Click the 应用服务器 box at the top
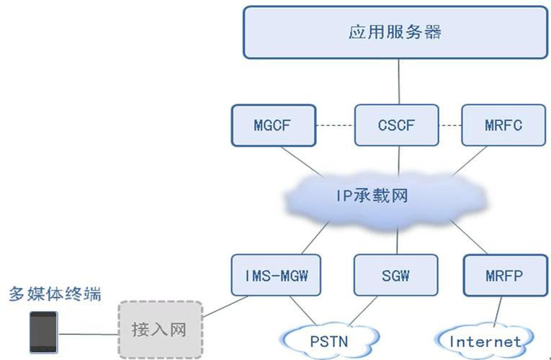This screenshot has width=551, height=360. pyautogui.click(x=394, y=32)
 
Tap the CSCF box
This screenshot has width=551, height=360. pyautogui.click(x=396, y=125)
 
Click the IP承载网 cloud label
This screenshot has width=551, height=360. pyautogui.click(x=372, y=196)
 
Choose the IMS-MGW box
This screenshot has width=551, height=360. pyautogui.click(x=274, y=274)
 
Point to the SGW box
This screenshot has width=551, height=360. pyautogui.click(x=396, y=274)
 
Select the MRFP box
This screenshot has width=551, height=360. pyautogui.click(x=503, y=274)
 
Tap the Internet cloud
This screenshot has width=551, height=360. pyautogui.click(x=484, y=341)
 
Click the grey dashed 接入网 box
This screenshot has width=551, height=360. pyautogui.click(x=159, y=330)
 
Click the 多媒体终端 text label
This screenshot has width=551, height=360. pyautogui.click(x=54, y=294)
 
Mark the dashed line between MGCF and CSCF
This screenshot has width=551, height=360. pyautogui.click(x=336, y=125)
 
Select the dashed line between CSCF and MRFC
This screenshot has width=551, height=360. pyautogui.click(x=450, y=125)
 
